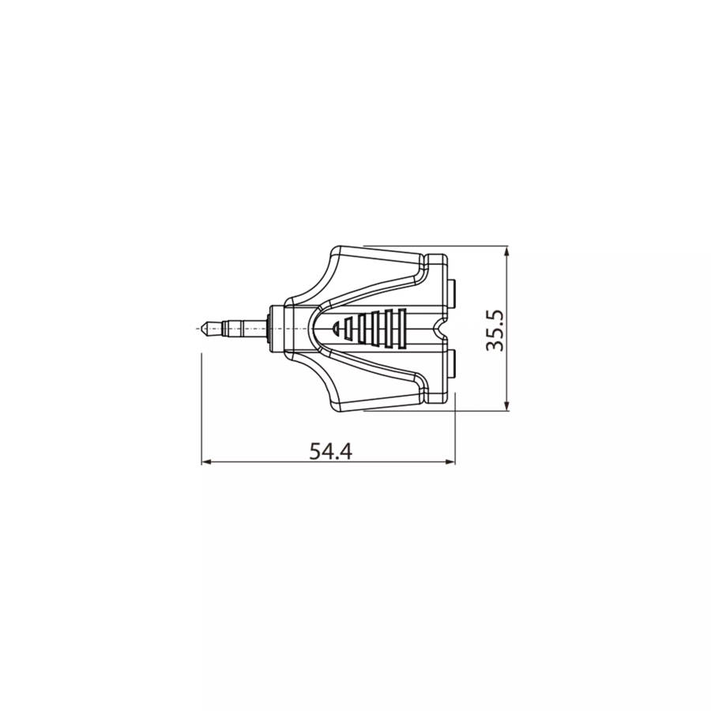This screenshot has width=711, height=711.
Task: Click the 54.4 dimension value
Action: (330, 451)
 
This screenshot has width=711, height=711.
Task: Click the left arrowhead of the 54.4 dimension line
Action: (207, 462)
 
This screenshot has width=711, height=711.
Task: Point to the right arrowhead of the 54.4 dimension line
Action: (450, 462)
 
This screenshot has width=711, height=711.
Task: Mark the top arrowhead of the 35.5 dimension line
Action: (507, 252)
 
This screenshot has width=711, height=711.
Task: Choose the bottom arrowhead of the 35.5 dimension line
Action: (507, 406)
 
